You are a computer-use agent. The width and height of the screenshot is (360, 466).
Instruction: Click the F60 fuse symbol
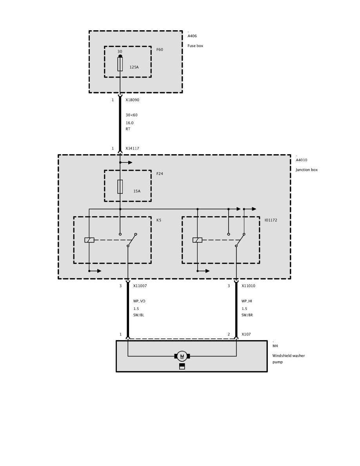(x=120, y=64)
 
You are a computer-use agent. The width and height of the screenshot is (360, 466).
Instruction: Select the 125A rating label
(x=134, y=67)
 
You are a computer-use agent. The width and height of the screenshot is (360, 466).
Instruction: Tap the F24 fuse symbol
(x=120, y=187)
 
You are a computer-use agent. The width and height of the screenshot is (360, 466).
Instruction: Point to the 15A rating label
(x=137, y=191)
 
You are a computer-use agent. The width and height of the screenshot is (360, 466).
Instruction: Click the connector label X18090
(x=132, y=100)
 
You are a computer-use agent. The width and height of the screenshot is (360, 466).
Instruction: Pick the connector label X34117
(x=132, y=149)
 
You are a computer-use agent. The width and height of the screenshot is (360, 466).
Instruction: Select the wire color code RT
(x=128, y=129)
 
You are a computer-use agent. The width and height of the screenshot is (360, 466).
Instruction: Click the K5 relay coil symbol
(x=89, y=240)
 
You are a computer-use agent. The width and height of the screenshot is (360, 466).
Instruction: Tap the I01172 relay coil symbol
(x=197, y=240)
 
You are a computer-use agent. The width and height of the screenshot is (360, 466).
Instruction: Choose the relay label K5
(x=159, y=220)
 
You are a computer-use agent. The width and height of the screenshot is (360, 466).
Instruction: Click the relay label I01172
(x=271, y=220)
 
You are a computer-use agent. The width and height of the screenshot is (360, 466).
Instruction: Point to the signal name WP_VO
(x=139, y=301)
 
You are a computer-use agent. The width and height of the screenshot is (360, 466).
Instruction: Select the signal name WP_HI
(x=247, y=301)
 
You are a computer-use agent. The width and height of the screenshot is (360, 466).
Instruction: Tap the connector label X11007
(x=140, y=286)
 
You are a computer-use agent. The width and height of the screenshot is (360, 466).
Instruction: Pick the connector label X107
(x=246, y=335)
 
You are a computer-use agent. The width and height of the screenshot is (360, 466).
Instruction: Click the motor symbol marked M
(x=182, y=356)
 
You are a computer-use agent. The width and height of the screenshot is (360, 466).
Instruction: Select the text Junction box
(x=307, y=170)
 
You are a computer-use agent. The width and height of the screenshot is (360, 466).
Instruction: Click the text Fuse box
(x=195, y=46)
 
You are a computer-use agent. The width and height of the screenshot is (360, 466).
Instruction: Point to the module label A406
(x=192, y=36)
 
